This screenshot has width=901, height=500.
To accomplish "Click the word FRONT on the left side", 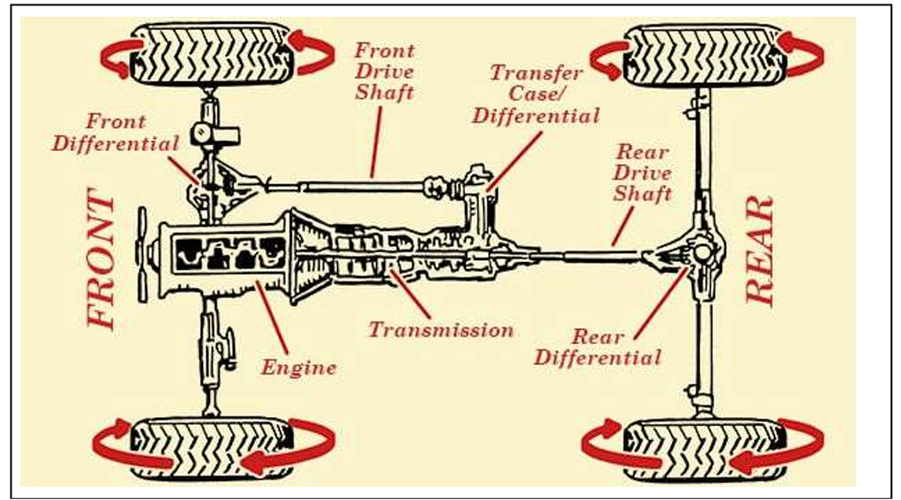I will point(102,261).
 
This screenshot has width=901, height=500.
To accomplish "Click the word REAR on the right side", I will point(761,251).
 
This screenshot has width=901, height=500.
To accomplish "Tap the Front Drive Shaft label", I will point(385,71).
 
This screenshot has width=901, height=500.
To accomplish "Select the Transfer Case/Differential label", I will point(537,94).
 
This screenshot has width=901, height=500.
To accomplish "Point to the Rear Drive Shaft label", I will point(642,173).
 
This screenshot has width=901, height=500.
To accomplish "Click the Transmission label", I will point(440,330).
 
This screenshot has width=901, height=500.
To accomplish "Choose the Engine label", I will point(298,368).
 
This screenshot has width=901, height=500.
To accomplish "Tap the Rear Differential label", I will point(597,347).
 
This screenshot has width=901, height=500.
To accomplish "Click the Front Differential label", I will point(116,132).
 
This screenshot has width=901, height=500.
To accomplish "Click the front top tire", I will point(212,56).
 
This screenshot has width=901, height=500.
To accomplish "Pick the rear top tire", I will point(705,56).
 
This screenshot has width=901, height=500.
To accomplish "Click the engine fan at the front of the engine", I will point(142,251).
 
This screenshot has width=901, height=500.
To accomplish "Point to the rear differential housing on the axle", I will point(701,254).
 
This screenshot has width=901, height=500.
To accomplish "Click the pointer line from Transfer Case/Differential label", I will point(514,160).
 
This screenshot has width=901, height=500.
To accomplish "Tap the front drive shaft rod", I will point(353,186).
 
